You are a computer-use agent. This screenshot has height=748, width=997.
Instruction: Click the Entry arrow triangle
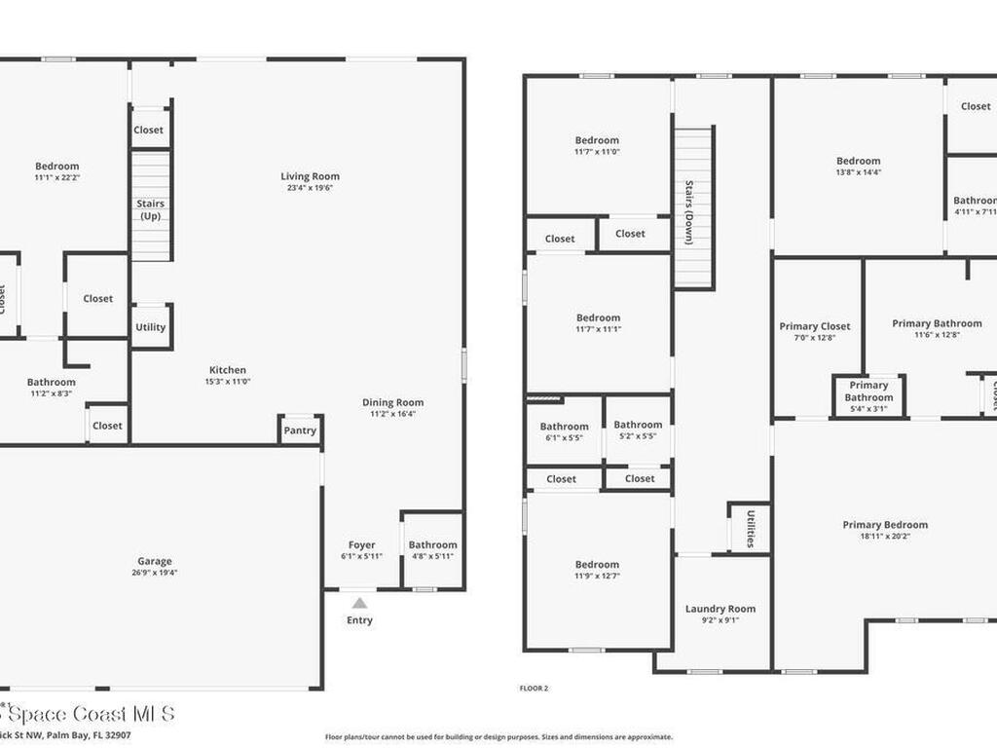[x=359, y=603]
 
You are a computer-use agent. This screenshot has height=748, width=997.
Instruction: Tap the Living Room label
[x=311, y=176]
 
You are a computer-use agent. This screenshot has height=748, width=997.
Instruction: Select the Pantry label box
[x=300, y=430]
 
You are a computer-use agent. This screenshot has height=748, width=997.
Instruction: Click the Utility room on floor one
[x=151, y=327]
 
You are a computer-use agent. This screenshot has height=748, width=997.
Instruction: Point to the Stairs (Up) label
[x=151, y=209]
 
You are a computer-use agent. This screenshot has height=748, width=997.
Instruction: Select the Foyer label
[x=361, y=545]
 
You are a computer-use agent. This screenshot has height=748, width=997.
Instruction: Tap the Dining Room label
[x=392, y=402]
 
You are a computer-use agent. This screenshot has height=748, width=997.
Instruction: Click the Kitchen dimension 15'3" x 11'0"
[x=228, y=382]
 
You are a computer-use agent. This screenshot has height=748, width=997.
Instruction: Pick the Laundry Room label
[x=720, y=609]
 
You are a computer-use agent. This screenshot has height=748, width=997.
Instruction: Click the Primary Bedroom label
[x=885, y=525]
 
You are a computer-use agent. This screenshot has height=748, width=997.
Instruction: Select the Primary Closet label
[x=815, y=326]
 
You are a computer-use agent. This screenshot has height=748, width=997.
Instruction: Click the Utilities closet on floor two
[x=751, y=529]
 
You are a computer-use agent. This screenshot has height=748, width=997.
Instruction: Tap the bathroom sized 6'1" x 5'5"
[x=564, y=431]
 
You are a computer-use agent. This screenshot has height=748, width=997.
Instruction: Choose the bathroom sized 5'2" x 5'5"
[x=638, y=430]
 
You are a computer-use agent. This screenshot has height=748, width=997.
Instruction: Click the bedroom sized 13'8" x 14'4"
[x=858, y=167]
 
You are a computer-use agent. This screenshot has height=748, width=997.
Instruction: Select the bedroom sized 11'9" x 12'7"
[x=597, y=570]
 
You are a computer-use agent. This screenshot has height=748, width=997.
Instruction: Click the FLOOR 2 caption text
[x=534, y=689]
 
